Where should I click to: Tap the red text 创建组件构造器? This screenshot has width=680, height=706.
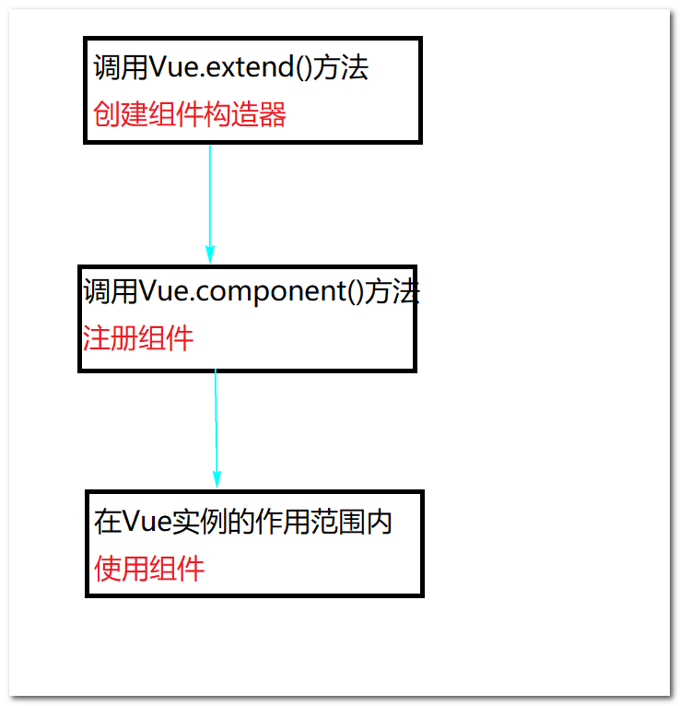190,114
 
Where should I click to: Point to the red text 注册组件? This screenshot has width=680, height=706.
138,338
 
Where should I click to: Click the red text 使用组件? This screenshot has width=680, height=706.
149,568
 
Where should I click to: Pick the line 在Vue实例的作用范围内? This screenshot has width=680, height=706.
243,522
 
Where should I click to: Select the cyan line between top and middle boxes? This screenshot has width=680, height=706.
210,194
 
